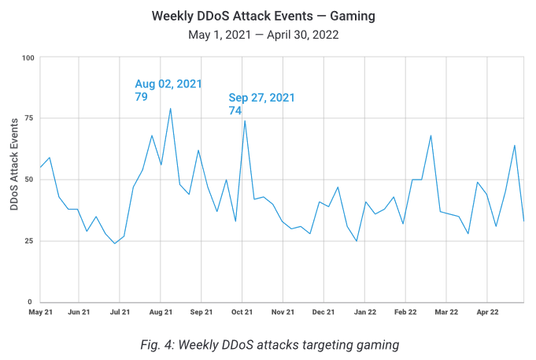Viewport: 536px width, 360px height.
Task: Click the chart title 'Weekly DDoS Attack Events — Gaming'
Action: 268,16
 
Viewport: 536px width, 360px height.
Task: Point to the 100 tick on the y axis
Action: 28,58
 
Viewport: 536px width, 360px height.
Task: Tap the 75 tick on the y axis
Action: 31,118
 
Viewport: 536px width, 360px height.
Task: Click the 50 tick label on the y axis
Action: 31,180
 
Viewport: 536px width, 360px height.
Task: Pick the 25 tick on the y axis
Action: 31,240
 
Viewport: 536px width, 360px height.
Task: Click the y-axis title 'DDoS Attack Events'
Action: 14,164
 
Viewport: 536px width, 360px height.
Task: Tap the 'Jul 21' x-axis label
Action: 120,312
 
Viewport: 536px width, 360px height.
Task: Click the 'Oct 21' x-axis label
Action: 242,312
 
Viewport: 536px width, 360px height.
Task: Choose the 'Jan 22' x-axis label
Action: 365,312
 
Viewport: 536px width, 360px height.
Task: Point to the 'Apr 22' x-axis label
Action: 487,312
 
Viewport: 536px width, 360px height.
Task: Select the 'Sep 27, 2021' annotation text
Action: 261,98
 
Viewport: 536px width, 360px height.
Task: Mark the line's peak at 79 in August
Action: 170,109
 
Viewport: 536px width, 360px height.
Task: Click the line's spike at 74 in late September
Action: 245,121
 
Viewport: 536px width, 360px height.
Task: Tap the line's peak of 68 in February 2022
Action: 431,135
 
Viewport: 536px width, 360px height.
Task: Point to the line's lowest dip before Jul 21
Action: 115,243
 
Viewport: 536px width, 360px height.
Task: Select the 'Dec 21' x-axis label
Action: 323,312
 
